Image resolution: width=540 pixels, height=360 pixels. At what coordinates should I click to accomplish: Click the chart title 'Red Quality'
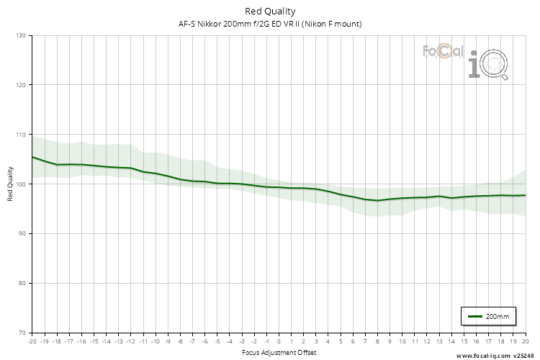click(x=270, y=11)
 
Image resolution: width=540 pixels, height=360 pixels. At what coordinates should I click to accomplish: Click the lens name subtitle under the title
click(x=270, y=24)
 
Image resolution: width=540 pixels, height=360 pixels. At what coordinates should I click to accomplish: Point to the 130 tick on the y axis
click(x=20, y=35)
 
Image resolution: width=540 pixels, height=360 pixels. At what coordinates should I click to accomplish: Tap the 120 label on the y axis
click(x=20, y=85)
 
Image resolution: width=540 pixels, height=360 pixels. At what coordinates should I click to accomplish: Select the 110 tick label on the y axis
click(x=20, y=135)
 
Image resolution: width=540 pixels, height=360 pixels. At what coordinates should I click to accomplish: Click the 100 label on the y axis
click(x=20, y=184)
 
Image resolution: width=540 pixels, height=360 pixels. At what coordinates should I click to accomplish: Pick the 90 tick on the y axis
click(x=22, y=233)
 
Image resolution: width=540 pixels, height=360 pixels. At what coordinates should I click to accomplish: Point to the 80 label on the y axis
click(x=22, y=283)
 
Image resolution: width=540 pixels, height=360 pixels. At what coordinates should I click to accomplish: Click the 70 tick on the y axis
click(x=22, y=333)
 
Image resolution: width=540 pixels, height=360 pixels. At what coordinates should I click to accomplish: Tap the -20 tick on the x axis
click(x=32, y=342)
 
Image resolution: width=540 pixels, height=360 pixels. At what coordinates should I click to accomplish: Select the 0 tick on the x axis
click(x=279, y=342)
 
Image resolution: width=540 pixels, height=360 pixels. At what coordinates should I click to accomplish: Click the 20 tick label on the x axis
click(x=526, y=342)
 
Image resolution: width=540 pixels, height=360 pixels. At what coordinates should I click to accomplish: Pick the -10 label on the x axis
click(x=156, y=342)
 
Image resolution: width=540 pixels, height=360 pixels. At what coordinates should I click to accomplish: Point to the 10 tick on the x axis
click(x=402, y=342)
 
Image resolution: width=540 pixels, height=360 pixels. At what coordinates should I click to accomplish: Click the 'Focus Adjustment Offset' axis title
click(x=279, y=353)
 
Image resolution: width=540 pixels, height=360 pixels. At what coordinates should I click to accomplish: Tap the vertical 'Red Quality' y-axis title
click(x=10, y=184)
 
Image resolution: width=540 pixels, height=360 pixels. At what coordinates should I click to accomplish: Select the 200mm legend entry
click(x=489, y=316)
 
